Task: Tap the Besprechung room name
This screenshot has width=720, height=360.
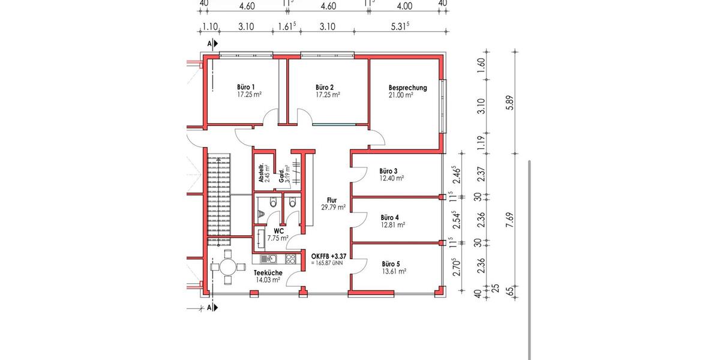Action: click(407, 88)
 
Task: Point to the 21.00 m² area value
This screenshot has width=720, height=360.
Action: click(401, 95)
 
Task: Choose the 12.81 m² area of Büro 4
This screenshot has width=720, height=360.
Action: click(392, 225)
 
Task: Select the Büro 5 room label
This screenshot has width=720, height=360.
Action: click(391, 264)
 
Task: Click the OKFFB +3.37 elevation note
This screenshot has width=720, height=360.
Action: click(329, 256)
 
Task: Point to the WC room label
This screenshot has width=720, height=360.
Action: click(278, 230)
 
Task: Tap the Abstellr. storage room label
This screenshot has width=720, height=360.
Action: click(261, 174)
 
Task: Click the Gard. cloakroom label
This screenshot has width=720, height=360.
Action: click(281, 176)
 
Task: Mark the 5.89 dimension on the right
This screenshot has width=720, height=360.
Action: click(510, 103)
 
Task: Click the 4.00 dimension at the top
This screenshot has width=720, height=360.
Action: click(404, 7)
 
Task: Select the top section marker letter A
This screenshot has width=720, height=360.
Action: click(209, 44)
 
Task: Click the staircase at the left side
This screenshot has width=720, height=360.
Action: click(220, 198)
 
